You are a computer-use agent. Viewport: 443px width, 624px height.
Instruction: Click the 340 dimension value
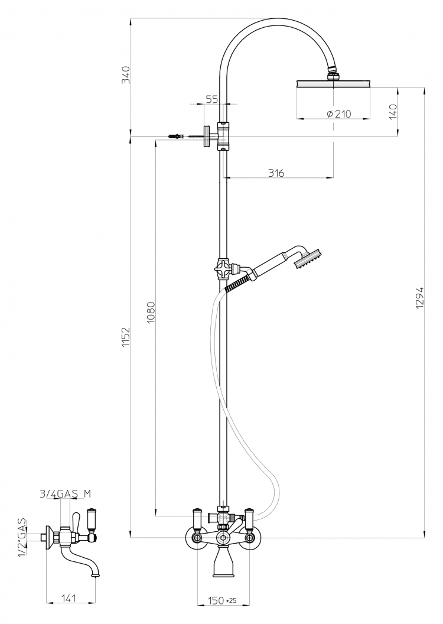126,75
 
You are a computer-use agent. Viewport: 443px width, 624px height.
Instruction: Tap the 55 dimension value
213,99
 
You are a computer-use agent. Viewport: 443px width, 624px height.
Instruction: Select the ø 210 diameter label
339,114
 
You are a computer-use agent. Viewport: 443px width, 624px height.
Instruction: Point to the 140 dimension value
392,112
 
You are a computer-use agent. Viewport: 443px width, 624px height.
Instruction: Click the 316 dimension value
276,173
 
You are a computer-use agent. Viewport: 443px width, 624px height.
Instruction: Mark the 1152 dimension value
126,337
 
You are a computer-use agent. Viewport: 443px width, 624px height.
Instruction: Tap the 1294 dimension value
420,298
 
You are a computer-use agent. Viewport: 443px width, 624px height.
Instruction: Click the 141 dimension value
69,597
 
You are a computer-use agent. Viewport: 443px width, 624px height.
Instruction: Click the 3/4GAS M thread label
65,494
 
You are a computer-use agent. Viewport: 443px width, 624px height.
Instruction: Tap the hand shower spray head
308,259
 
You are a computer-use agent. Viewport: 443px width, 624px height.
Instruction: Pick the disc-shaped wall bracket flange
207,136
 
